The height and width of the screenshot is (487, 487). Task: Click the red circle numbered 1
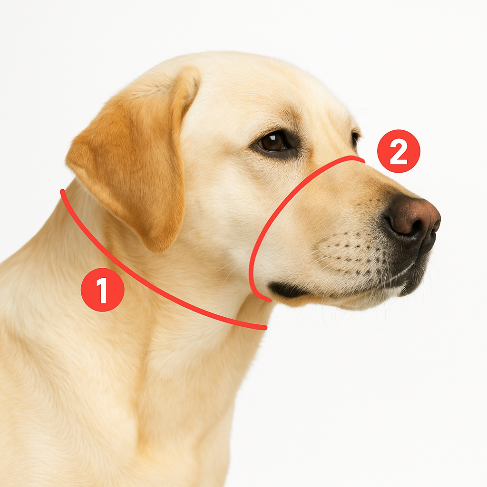[x=103, y=290]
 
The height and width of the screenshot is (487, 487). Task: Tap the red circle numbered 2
[x=399, y=151]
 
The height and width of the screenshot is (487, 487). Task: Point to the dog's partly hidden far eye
[x=355, y=139]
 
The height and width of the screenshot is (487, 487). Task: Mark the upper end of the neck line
[x=62, y=191]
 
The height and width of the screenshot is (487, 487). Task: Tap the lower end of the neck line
[x=264, y=328]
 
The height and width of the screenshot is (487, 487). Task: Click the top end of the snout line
[x=363, y=161]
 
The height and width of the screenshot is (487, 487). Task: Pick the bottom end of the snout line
[x=270, y=300]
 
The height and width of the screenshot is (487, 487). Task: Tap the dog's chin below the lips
[x=357, y=303]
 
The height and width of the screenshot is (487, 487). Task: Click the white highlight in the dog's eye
[x=274, y=137]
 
